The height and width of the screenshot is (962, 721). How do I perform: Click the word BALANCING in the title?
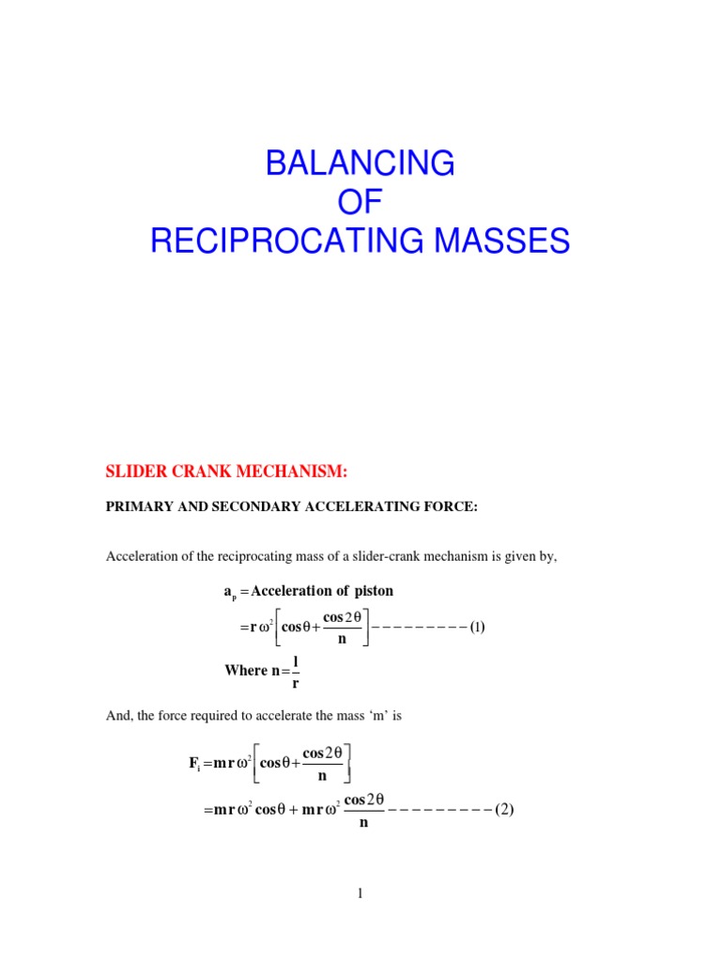click(360, 163)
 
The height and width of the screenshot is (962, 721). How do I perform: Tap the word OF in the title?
click(360, 202)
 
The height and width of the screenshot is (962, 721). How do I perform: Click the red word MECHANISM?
click(295, 470)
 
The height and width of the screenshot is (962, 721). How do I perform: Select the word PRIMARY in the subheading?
click(137, 507)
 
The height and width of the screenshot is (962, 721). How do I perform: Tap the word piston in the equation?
click(372, 591)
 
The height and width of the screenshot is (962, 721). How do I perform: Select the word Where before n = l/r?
click(245, 670)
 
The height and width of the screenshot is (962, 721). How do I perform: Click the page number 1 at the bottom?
click(360, 894)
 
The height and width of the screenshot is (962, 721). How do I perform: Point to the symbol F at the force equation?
click(193, 763)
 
